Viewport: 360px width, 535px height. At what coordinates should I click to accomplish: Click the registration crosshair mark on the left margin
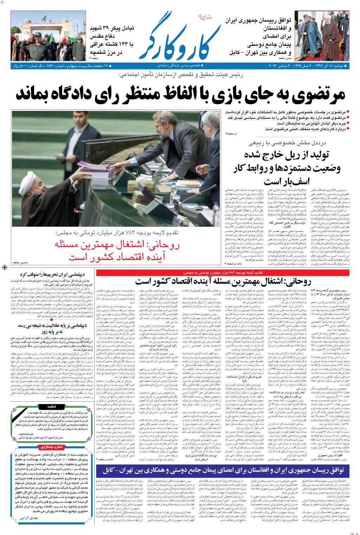[4, 268]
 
